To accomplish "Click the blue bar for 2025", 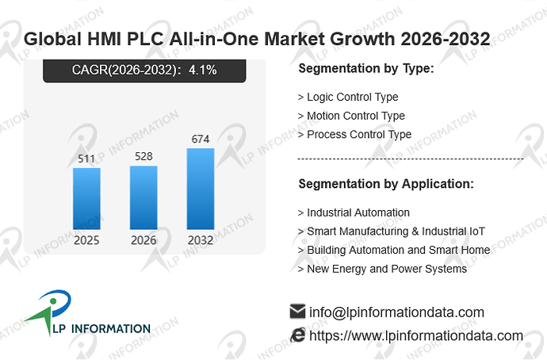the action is coord(86,198).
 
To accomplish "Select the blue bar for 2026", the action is coord(143,197).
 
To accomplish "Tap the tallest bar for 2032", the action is coord(201,189).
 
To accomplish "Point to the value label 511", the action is coord(86,159).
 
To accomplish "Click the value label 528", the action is coord(143,156).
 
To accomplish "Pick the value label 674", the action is coord(201,139).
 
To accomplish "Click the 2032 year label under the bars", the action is coord(201,240).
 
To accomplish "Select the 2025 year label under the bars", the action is coord(86,240).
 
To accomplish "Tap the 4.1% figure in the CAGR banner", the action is coord(203,70).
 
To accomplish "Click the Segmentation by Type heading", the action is coord(366,68).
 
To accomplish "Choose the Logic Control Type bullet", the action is coord(348,97).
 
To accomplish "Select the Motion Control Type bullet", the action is coord(351,116).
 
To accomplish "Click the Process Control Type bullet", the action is coord(355,135).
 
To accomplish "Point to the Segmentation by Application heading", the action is coord(386,184).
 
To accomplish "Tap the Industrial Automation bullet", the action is coord(354,213).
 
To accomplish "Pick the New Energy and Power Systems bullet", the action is coord(382,269).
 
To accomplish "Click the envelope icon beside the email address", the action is coord(297,311).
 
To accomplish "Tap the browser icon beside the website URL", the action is coord(297,335).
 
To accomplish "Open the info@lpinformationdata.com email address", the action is coord(396,312).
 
